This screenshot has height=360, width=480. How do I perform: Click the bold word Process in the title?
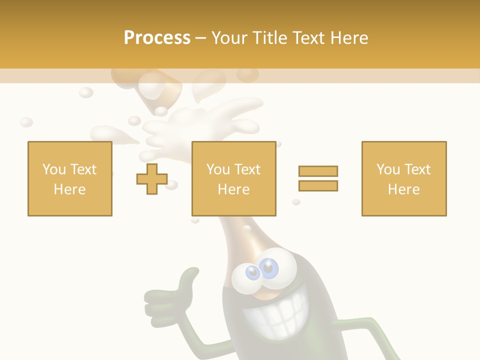click(x=157, y=37)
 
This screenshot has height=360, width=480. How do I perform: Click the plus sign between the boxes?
click(x=152, y=178)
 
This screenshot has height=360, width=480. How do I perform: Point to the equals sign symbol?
click(x=318, y=178)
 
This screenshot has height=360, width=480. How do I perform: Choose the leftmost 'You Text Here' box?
click(x=70, y=178)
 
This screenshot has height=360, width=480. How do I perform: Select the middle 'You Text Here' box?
click(x=233, y=178)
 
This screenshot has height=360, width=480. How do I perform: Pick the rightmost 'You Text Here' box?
click(x=403, y=178)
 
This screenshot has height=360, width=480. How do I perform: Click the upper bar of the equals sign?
click(x=318, y=171)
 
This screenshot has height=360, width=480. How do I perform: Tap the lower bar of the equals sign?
click(x=318, y=185)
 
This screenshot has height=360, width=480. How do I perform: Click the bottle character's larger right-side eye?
click(x=269, y=268)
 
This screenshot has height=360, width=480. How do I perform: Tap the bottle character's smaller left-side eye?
click(x=252, y=272)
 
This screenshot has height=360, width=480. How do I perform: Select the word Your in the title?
click(x=230, y=37)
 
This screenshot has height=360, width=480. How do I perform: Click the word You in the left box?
click(x=53, y=169)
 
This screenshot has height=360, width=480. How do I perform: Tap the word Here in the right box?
click(x=403, y=189)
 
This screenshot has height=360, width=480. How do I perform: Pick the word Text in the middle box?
click(x=247, y=169)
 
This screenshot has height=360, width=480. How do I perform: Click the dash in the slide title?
click(x=201, y=38)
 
